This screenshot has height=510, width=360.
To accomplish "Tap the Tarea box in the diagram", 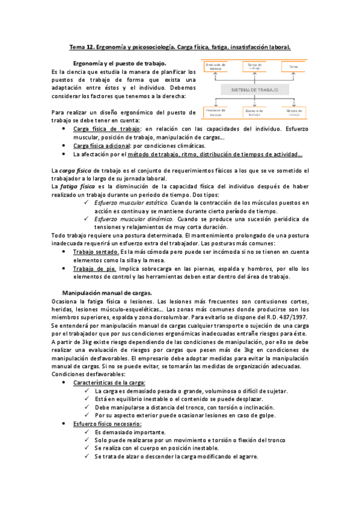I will pyautogui.click(x=293, y=66).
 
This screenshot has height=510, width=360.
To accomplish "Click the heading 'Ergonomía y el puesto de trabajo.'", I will pyautogui.click(x=119, y=63).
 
